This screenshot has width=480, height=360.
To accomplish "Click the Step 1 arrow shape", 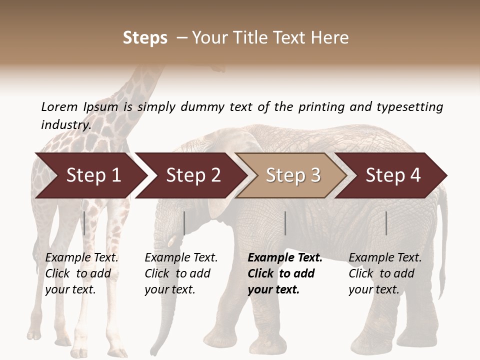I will tap(90, 175).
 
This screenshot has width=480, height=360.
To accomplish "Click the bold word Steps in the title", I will tap(145, 38).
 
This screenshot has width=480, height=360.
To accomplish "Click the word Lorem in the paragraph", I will tap(59, 106).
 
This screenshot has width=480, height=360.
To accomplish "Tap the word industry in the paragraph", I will tap(66, 124).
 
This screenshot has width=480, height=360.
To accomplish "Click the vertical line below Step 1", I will tap(84, 223).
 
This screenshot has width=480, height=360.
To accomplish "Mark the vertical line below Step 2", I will tap(184, 223).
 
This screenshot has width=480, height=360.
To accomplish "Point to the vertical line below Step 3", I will tap(285, 223).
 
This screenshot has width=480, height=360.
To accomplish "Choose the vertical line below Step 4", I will tap(386, 223).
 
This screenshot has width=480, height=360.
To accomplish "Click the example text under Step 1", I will tap(81, 273).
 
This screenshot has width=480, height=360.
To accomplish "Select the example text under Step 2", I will tap(181, 273).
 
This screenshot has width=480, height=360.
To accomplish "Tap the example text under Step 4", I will tap(385, 273).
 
